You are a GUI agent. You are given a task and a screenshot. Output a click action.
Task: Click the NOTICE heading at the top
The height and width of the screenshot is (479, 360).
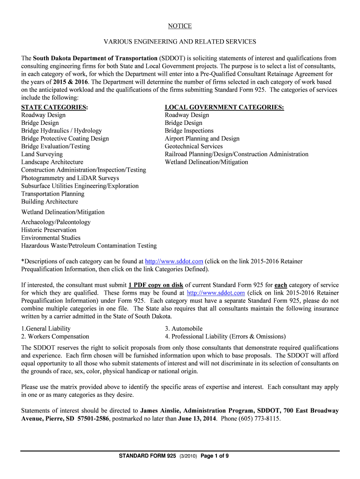[x=180, y=26]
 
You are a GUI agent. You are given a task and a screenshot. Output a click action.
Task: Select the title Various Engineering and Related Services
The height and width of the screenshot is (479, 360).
[x=180, y=42]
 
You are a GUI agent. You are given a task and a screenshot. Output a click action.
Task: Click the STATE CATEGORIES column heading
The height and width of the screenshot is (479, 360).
[x=55, y=107]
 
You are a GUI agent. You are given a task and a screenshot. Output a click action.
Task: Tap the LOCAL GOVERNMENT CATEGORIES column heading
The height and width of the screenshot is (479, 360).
[x=224, y=107]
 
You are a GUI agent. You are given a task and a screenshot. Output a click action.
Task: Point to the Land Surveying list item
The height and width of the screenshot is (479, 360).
[x=42, y=154]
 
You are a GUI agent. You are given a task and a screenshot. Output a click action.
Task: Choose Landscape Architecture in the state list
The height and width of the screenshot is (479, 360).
[x=52, y=162]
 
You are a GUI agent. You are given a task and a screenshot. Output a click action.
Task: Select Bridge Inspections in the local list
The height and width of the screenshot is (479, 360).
[x=189, y=131]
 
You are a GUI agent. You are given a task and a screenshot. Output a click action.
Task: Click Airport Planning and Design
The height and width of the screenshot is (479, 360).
[x=202, y=139]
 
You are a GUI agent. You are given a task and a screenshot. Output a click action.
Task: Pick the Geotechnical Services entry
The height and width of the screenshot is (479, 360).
[x=194, y=146]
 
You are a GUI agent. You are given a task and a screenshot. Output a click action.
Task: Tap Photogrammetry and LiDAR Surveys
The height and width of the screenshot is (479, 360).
[x=70, y=178]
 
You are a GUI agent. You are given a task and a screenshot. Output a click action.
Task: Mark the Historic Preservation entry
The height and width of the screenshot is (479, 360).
[x=49, y=230]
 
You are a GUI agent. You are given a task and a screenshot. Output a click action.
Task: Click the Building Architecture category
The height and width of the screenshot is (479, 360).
[x=50, y=202]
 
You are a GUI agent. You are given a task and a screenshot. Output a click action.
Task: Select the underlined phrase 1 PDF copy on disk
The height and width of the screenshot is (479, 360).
[x=156, y=285]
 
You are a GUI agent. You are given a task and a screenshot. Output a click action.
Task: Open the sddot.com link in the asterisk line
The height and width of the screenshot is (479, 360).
[x=174, y=261]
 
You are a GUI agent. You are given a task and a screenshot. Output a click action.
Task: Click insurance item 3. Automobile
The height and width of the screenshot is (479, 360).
[x=184, y=329]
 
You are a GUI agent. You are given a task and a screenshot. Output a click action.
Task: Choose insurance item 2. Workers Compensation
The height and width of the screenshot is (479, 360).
[x=55, y=337]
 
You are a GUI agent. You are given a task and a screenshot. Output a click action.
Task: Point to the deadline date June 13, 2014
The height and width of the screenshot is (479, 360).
[x=197, y=419]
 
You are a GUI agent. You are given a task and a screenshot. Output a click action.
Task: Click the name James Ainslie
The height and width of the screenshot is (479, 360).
[x=161, y=411]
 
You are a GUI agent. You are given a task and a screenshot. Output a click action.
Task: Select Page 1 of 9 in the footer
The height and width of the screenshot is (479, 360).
[x=215, y=457]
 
